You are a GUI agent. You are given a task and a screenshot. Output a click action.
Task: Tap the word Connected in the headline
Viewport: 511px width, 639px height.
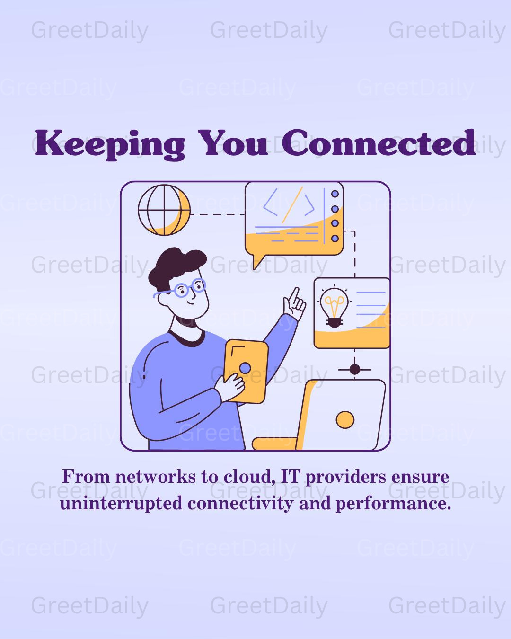[x=379, y=142]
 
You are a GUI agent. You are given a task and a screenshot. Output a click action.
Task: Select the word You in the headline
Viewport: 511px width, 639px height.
[x=233, y=143]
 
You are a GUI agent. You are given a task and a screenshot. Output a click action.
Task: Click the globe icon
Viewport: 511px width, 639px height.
[x=164, y=210]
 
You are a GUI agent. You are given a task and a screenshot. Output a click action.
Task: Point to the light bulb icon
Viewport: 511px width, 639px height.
[x=334, y=307]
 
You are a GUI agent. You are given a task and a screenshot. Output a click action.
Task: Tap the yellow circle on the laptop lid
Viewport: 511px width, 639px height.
[x=345, y=420]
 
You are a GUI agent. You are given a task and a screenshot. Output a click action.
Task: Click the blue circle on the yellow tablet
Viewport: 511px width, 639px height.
[x=245, y=369]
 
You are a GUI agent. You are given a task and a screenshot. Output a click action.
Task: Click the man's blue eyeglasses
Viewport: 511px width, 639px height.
[x=181, y=289]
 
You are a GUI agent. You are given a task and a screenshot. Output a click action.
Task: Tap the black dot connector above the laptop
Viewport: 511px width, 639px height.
[x=354, y=370]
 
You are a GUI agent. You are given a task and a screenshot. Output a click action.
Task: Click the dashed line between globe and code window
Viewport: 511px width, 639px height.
[x=218, y=214]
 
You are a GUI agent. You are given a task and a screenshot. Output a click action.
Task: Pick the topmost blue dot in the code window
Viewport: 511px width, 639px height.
[x=335, y=194]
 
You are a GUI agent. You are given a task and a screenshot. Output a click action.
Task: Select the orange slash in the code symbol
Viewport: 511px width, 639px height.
[x=292, y=205]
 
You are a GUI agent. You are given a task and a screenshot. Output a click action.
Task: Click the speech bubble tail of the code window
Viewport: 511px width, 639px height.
[x=257, y=262]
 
